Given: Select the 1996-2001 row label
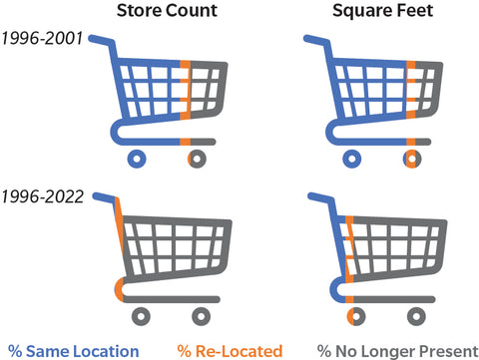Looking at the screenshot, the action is [41, 41].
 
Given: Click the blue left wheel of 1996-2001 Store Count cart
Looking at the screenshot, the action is [139, 158].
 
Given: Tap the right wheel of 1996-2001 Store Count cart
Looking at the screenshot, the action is [196, 158].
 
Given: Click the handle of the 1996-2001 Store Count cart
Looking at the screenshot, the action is [101, 40].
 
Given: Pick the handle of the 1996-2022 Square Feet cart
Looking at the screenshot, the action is [315, 197].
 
